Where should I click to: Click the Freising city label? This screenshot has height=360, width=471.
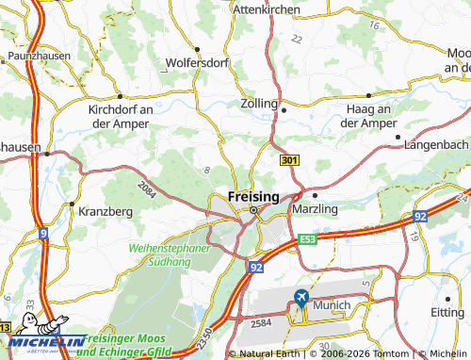pos(253,195)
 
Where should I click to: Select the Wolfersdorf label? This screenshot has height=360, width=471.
pos(198,64)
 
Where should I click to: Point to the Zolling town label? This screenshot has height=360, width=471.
pos(259,103)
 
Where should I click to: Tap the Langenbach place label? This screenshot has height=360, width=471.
pos(435,144)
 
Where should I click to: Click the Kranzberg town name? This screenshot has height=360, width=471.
pos(106,211)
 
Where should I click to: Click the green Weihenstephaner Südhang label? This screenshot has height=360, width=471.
pos(160,254)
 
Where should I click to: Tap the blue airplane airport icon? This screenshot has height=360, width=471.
pos(300,299)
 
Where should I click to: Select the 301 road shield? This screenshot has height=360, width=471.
pos(290,162)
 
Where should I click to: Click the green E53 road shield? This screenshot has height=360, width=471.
pos(307,240)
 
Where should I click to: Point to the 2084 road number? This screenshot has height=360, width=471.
pos(145,189)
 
